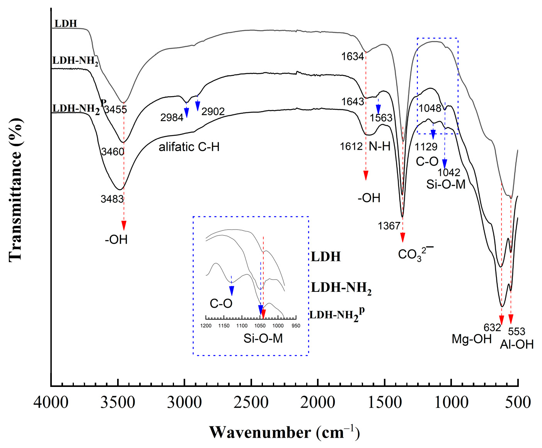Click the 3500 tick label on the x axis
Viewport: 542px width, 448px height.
118,403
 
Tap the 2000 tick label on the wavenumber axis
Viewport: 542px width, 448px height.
318,403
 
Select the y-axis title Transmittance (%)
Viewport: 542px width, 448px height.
16,190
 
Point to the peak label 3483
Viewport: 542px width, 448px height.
112,199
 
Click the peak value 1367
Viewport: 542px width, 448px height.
389,226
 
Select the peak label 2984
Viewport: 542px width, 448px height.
172,118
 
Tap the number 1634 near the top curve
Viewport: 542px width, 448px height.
353,56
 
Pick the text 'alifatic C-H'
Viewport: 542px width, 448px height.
189,147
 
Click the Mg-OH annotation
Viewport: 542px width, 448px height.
472,339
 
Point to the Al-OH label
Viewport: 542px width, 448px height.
516,344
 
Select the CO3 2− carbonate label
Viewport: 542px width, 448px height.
415,254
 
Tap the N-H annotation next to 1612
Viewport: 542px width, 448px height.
379,146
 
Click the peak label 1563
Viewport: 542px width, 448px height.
381,118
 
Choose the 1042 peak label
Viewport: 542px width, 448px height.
449,172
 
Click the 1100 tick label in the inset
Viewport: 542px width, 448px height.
242,326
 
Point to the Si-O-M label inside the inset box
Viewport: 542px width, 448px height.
263,339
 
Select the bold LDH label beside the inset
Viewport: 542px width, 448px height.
326,257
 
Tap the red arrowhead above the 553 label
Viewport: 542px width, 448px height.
511,319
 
